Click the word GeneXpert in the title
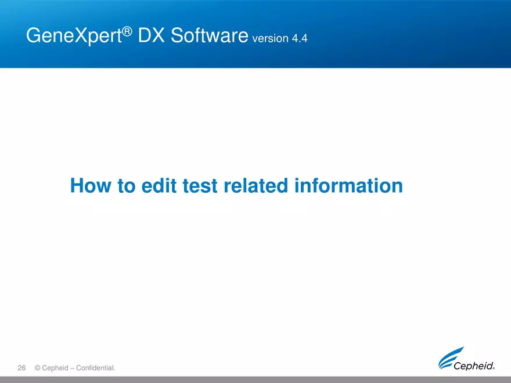(74, 37)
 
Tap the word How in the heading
(90, 186)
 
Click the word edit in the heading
(159, 186)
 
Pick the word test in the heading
(199, 186)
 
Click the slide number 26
(22, 367)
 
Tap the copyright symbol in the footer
(38, 368)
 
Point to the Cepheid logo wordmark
(474, 366)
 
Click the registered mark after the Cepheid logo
(494, 367)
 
